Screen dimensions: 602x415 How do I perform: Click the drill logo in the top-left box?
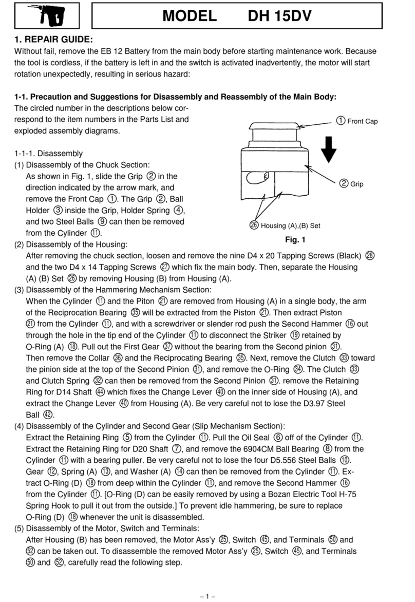[x=47, y=17]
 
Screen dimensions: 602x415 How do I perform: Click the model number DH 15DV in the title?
[x=279, y=16]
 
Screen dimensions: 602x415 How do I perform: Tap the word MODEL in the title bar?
[x=189, y=16]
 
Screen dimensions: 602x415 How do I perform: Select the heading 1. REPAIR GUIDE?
[x=53, y=39]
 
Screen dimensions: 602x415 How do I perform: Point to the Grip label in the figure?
[x=352, y=183]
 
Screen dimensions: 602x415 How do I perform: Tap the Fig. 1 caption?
[x=295, y=239]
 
